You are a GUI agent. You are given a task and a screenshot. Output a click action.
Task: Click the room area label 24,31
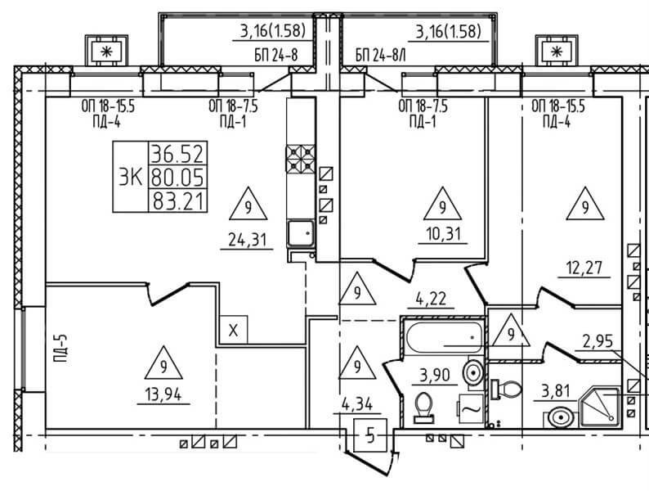247,240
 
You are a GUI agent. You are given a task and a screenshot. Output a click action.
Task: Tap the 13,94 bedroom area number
163,395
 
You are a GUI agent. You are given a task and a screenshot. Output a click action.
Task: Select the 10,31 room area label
443,235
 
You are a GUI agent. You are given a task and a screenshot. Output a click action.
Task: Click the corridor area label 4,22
431,299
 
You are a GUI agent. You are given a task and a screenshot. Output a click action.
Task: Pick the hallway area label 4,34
358,403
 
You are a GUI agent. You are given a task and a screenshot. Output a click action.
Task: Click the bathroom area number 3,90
434,376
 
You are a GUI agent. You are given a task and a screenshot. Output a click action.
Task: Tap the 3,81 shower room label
556,391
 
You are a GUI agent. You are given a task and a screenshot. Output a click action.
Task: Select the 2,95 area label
598,342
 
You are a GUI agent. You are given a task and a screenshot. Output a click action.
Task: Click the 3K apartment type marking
131,178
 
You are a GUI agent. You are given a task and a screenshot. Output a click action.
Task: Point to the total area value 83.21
178,202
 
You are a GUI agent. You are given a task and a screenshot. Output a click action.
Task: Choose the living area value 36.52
178,154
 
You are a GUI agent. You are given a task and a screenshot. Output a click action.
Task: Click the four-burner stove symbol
301,159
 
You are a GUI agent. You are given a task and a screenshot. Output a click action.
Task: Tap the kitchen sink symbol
301,234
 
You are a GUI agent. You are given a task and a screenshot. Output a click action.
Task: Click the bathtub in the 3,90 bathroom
445,338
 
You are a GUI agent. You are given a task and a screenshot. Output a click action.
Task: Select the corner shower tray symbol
600,407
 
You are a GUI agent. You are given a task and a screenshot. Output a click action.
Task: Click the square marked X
234,330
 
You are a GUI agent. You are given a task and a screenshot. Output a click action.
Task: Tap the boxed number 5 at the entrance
370,435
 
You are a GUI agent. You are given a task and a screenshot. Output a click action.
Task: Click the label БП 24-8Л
380,56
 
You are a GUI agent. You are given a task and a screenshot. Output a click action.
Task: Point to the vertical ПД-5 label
60,348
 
